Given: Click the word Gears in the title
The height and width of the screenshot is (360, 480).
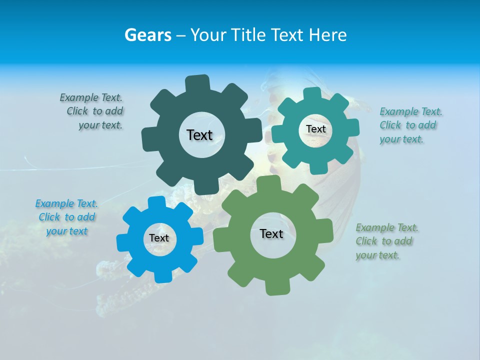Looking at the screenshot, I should pyautogui.click(x=148, y=35).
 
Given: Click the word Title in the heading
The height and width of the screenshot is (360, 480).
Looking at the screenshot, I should pyautogui.click(x=248, y=35).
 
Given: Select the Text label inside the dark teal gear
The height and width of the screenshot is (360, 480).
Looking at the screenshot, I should pyautogui.click(x=199, y=135).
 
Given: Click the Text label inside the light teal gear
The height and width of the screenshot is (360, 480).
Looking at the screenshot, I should pyautogui.click(x=315, y=129).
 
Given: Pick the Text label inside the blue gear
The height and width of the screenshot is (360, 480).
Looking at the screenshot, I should pyautogui.click(x=159, y=238).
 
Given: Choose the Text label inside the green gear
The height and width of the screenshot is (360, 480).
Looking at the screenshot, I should pyautogui.click(x=271, y=234).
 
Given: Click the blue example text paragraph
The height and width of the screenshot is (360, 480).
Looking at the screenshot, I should pyautogui.click(x=66, y=217).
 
